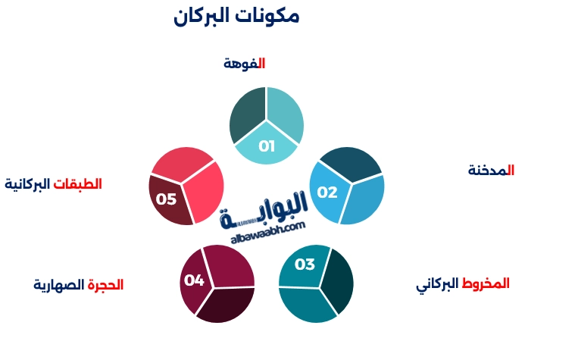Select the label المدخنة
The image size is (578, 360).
pos(491,171)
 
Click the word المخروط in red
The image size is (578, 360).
pos(486,283)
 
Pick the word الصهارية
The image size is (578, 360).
pos(58,285)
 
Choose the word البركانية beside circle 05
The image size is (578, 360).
pos(28,183)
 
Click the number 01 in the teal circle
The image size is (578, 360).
pos(267,146)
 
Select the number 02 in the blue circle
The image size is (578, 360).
pos(327,193)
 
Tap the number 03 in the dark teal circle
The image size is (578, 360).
pos(305,265)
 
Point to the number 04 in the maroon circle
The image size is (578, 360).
pos(194,280)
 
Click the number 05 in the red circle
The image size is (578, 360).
pos(166,199)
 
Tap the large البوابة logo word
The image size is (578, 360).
pos(265,207)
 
